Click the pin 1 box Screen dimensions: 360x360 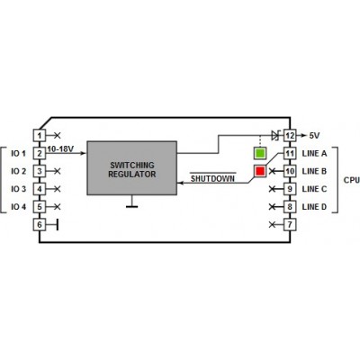click(x=40, y=135)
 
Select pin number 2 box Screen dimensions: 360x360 click(x=40, y=153)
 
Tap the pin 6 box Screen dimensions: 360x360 click(x=40, y=224)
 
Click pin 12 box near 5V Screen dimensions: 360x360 click(x=290, y=135)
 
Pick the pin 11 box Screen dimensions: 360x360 click(x=290, y=153)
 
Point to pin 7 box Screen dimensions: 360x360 click(x=290, y=224)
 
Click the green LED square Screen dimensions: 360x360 click(x=260, y=153)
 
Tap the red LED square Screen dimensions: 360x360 click(x=260, y=171)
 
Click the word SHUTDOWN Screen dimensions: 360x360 click(x=212, y=179)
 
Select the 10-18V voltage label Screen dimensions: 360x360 click(x=60, y=148)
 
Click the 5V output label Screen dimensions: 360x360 click(x=314, y=136)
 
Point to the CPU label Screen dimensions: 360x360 click(x=352, y=180)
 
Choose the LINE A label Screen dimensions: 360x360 click(x=314, y=154)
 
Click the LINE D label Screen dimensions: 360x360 click(x=314, y=207)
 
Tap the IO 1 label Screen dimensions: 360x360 click(x=19, y=154)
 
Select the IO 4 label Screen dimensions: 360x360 click(x=19, y=207)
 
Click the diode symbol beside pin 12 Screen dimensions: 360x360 click(x=275, y=135)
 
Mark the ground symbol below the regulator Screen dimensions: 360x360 click(x=131, y=202)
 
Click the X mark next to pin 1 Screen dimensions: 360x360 click(x=58, y=135)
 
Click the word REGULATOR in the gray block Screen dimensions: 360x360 click(x=132, y=175)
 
